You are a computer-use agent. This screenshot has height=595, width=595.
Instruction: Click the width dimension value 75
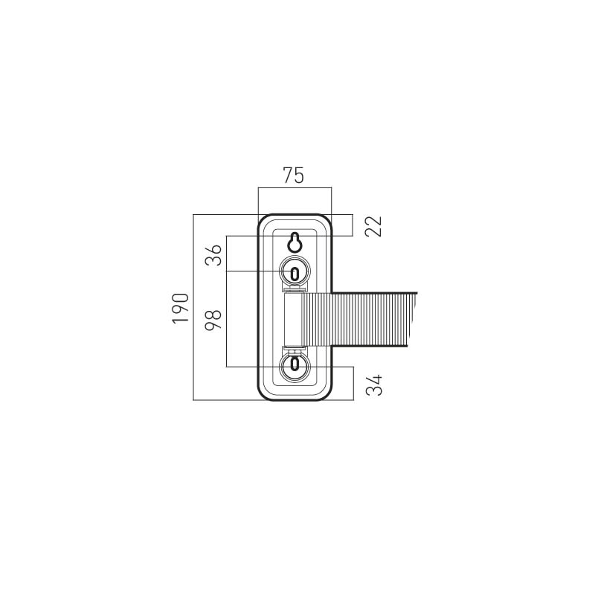click(294, 176)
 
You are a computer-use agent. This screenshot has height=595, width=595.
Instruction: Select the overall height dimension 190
click(180, 308)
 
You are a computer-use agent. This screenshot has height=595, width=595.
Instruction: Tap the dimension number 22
click(373, 226)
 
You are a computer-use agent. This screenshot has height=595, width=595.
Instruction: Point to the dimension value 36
click(213, 255)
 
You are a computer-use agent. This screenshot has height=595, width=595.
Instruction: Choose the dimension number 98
click(213, 321)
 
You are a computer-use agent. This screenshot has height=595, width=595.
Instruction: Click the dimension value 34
click(374, 385)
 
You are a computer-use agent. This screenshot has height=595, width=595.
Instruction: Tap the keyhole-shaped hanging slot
click(295, 242)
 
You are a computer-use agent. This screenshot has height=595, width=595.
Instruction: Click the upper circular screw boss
click(295, 271)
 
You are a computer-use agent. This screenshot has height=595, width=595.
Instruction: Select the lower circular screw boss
click(295, 367)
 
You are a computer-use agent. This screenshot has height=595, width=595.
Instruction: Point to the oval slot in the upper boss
click(295, 272)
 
